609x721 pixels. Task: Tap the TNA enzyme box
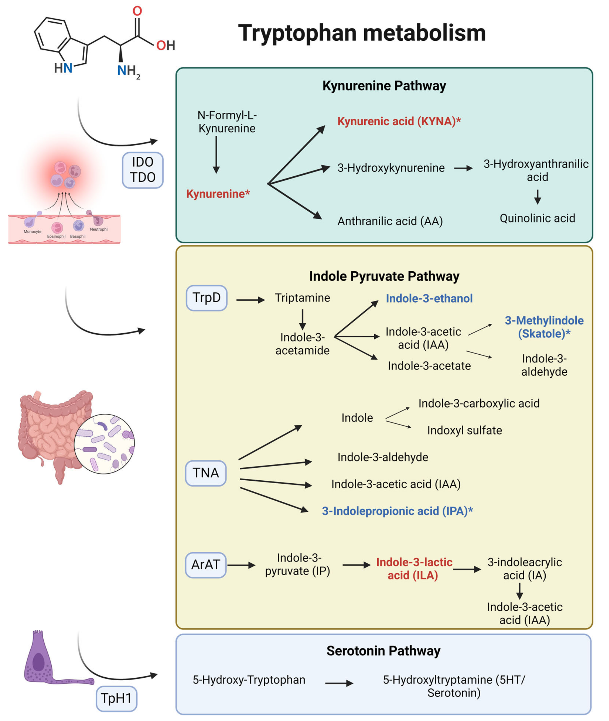click(x=206, y=473)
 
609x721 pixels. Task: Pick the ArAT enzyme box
click(x=206, y=565)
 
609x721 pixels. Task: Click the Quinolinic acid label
click(x=537, y=218)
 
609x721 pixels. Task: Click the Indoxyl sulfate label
click(x=464, y=430)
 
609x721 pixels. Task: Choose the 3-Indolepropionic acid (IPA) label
click(x=397, y=511)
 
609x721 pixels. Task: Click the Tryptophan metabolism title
click(x=362, y=33)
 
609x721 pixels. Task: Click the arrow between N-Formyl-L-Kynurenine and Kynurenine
click(x=216, y=155)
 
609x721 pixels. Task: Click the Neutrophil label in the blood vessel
click(x=99, y=229)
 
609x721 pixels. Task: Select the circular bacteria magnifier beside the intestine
click(x=104, y=444)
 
